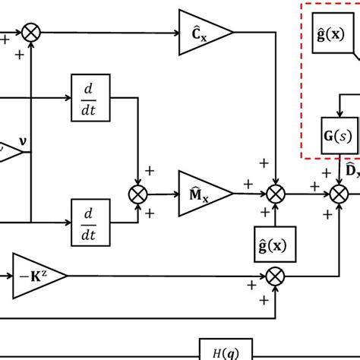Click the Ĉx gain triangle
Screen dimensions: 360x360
coord(200,33)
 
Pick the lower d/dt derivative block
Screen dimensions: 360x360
coord(90,222)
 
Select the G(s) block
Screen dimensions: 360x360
coord(338,137)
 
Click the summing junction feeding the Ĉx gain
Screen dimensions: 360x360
coord(32,32)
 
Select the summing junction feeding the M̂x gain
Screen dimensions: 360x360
coord(138,194)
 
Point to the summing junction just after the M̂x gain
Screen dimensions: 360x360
coord(274,194)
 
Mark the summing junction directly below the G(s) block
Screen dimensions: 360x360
coord(337,194)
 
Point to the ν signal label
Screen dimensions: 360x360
coord(22,140)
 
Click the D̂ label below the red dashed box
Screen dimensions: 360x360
coord(352,171)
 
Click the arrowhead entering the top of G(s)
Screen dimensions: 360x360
coord(337,114)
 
